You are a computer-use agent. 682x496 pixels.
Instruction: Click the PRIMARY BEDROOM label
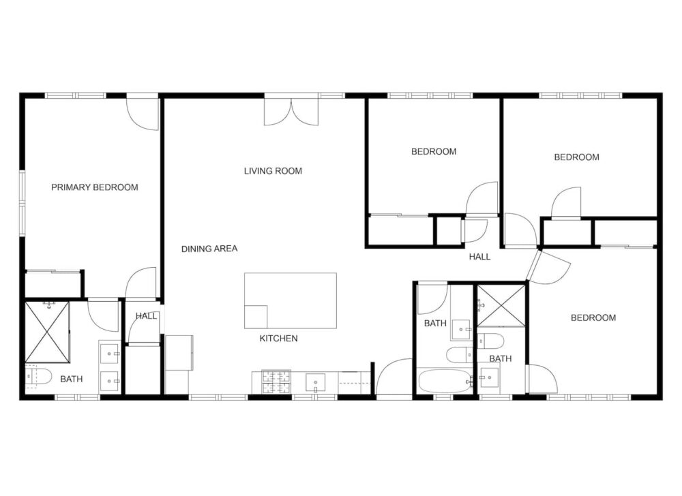click(x=95, y=187)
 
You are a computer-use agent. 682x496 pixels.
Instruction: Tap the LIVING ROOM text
click(x=273, y=171)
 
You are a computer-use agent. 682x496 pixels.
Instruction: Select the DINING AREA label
click(x=209, y=249)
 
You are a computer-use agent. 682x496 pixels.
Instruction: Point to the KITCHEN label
click(x=278, y=339)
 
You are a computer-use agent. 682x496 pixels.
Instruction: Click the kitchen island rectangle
click(x=291, y=300)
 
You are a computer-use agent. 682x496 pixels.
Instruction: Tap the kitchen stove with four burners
click(x=276, y=381)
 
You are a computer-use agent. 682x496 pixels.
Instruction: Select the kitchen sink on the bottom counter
click(x=315, y=383)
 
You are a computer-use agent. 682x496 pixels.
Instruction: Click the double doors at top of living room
click(x=291, y=112)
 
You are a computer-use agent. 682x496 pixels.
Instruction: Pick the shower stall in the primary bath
click(x=47, y=332)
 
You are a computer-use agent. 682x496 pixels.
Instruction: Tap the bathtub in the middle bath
click(x=445, y=381)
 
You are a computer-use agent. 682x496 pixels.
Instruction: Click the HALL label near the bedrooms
click(x=479, y=257)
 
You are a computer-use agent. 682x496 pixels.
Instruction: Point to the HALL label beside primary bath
click(x=146, y=316)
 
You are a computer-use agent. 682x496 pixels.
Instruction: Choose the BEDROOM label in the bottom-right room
click(x=593, y=318)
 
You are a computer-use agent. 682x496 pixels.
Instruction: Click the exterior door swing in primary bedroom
click(x=142, y=114)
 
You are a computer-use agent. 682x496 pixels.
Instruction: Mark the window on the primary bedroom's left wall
click(x=22, y=203)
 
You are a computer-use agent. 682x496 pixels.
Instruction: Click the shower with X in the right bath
click(x=501, y=306)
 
